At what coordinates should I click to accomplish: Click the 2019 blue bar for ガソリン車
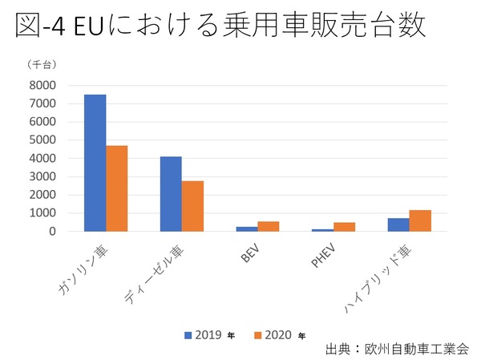pyautogui.click(x=95, y=163)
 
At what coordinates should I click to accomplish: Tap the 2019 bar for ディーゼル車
pyautogui.click(x=171, y=194)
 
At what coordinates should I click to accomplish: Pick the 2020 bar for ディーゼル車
pyautogui.click(x=192, y=206)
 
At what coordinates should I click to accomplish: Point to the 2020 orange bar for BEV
pyautogui.click(x=269, y=226)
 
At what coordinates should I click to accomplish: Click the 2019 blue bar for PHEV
pyautogui.click(x=323, y=229)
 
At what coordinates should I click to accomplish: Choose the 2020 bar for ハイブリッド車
pyautogui.click(x=420, y=220)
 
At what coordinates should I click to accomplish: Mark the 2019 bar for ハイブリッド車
pyautogui.click(x=398, y=224)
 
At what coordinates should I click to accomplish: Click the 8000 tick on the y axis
pyautogui.click(x=44, y=86)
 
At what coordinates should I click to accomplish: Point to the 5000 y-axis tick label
pyautogui.click(x=44, y=140)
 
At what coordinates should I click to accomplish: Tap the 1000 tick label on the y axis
pyautogui.click(x=44, y=213)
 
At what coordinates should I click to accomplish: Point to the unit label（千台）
pyautogui.click(x=41, y=63)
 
